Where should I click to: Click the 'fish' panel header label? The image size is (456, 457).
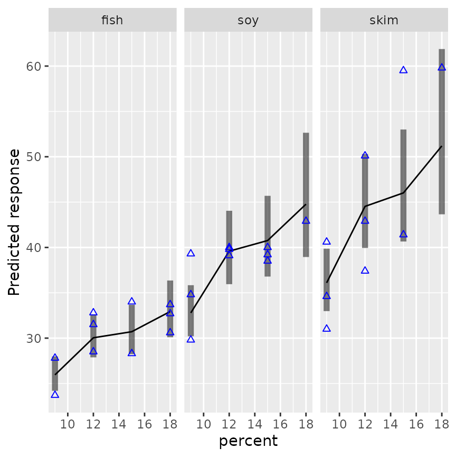pyautogui.click(x=112, y=21)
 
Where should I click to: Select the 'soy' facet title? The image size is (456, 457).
pyautogui.click(x=248, y=21)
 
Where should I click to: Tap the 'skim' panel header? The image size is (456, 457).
pyautogui.click(x=384, y=21)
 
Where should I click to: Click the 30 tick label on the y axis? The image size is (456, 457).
pyautogui.click(x=34, y=338)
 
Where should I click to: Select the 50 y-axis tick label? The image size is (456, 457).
pyautogui.click(x=34, y=157)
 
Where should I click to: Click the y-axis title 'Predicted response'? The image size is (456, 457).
pyautogui.click(x=14, y=222)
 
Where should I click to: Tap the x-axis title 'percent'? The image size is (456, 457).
pyautogui.click(x=248, y=441)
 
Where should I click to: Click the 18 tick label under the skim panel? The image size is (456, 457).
pyautogui.click(x=442, y=424)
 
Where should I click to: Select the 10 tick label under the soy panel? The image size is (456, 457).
pyautogui.click(x=204, y=424)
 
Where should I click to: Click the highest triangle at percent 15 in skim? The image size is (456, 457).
pyautogui.click(x=403, y=70)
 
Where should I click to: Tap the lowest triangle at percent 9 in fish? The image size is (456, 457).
pyautogui.click(x=55, y=394)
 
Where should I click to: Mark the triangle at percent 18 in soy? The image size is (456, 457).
pyautogui.click(x=306, y=220)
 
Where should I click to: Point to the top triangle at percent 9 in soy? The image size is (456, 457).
pyautogui.click(x=191, y=253)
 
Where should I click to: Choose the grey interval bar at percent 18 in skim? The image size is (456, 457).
pyautogui.click(x=442, y=132)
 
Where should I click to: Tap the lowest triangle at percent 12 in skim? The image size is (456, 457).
pyautogui.click(x=365, y=270)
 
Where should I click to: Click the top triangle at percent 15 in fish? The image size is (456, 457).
pyautogui.click(x=131, y=301)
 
